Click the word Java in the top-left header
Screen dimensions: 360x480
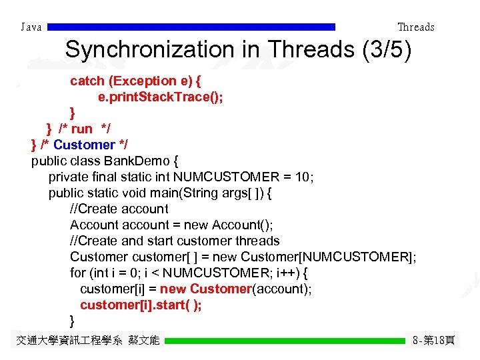point(31,27)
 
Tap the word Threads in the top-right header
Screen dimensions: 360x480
point(415,27)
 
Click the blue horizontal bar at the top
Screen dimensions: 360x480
point(192,27)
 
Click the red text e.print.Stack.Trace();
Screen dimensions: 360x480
point(161,97)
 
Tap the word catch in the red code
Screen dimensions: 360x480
point(87,81)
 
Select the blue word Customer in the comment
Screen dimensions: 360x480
point(84,145)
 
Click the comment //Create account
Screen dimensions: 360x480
point(119,209)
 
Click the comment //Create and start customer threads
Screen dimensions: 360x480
point(175,241)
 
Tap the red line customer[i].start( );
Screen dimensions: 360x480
point(141,305)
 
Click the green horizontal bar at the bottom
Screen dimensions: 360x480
point(285,341)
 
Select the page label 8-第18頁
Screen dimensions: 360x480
point(433,341)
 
